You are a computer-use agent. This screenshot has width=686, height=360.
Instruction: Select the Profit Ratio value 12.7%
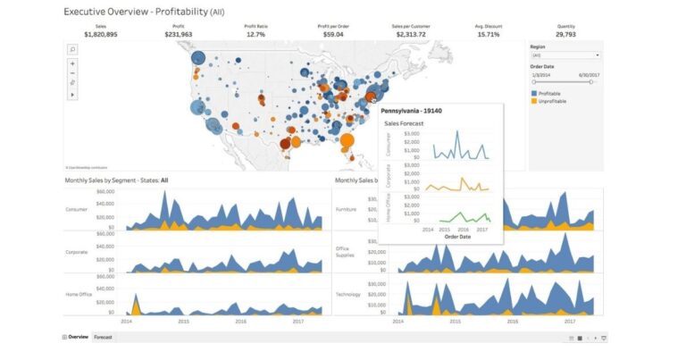point(256,33)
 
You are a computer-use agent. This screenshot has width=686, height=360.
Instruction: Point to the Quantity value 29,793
point(566,33)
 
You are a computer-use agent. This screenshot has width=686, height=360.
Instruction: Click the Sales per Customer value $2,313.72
point(411,33)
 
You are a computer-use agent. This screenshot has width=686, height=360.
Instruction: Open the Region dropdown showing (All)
point(565,54)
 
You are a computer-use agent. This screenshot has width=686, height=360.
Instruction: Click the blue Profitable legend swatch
point(533,93)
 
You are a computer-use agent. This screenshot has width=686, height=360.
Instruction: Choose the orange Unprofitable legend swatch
point(533,101)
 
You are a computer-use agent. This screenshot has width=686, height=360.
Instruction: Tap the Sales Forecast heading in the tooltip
point(403,123)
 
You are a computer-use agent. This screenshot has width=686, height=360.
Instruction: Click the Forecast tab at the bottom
point(104,337)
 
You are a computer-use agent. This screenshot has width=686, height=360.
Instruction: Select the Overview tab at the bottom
point(78,337)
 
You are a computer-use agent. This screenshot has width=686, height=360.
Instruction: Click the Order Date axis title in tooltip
point(457,237)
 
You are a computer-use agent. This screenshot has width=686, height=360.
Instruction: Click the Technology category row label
point(347,294)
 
